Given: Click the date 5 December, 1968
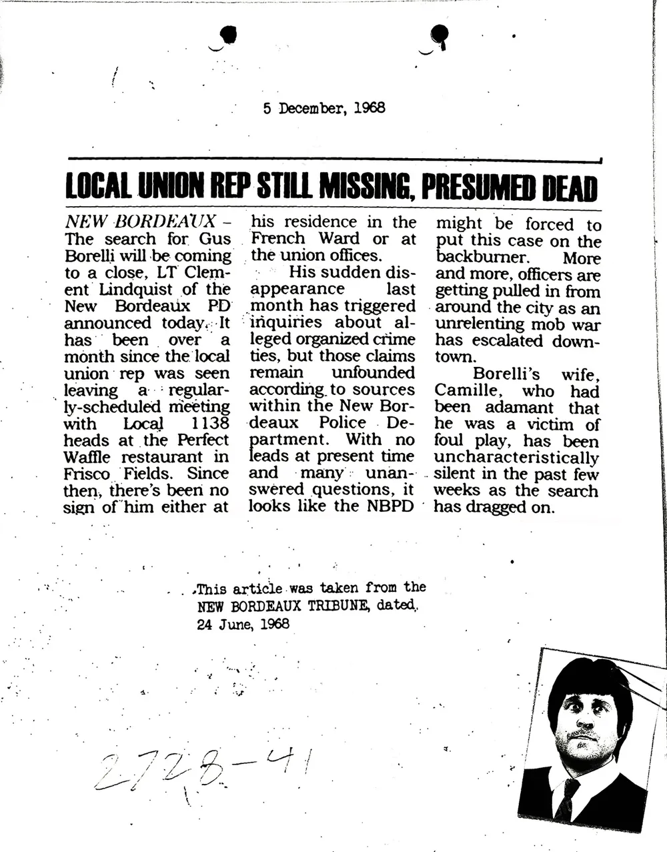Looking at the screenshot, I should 324,107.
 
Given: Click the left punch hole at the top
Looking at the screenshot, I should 228,33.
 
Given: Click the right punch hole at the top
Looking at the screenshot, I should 440,33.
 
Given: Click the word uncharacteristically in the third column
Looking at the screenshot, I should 516,458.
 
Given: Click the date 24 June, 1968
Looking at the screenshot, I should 243,624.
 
